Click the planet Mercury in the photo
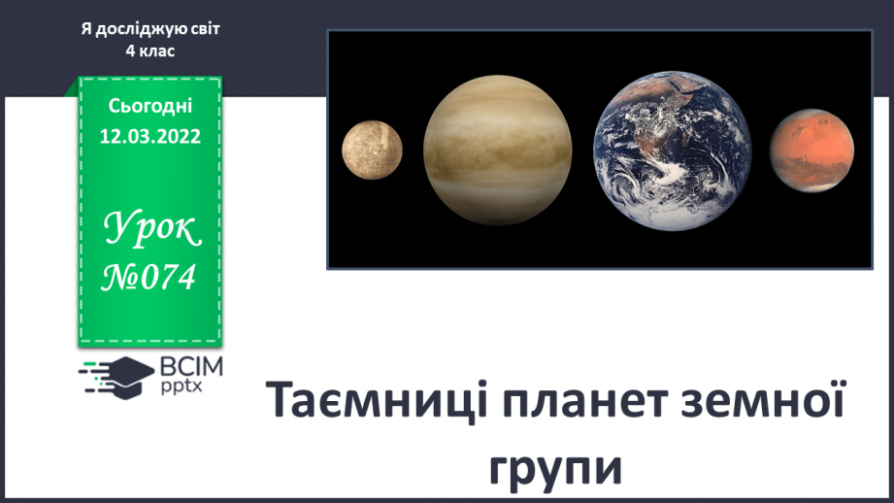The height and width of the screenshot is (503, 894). click(x=373, y=150)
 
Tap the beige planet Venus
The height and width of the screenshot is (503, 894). click(x=497, y=150)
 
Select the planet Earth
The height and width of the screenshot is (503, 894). click(x=673, y=151)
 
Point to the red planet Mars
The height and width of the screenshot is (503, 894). click(x=811, y=151)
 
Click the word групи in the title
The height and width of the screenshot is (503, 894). click(x=555, y=470)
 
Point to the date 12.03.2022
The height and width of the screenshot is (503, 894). click(x=149, y=136)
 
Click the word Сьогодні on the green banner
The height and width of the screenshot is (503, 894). click(x=149, y=106)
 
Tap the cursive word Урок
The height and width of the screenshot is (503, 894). click(x=151, y=228)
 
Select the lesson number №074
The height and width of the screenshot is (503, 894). click(x=149, y=277)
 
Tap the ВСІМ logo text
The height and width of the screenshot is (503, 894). click(x=191, y=367)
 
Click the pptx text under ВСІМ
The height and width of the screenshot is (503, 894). click(x=181, y=386)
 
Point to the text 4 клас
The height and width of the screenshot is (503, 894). click(x=149, y=50)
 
